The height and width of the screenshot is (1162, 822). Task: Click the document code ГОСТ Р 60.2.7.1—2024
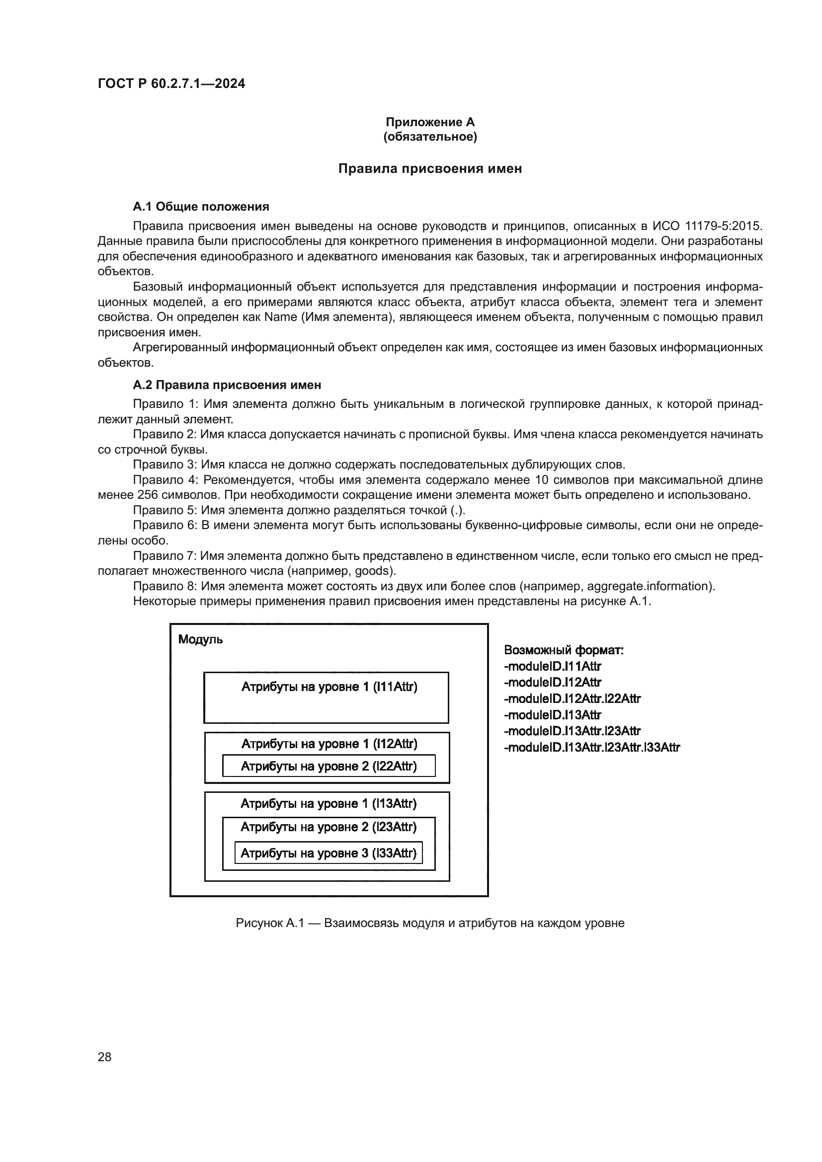pyautogui.click(x=171, y=83)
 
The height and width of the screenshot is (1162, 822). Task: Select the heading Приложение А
pyautogui.click(x=430, y=122)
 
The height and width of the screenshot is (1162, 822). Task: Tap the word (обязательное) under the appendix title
pyautogui.click(x=430, y=137)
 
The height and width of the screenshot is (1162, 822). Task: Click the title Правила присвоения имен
pyautogui.click(x=430, y=168)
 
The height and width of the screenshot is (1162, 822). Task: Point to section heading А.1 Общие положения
pyautogui.click(x=201, y=207)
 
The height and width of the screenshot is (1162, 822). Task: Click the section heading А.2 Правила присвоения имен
pyautogui.click(x=227, y=385)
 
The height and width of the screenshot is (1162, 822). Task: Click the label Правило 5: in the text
pyautogui.click(x=165, y=510)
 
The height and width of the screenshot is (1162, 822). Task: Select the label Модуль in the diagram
pyautogui.click(x=200, y=640)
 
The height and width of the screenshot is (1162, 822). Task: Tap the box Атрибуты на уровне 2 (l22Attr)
pyautogui.click(x=329, y=766)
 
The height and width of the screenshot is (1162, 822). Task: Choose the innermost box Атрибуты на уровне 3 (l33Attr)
pyautogui.click(x=329, y=853)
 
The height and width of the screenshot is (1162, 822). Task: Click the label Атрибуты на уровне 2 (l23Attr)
pyautogui.click(x=329, y=827)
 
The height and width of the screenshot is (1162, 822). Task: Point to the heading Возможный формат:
pyautogui.click(x=564, y=650)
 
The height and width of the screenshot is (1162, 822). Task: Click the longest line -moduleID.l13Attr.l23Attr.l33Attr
pyautogui.click(x=592, y=747)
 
